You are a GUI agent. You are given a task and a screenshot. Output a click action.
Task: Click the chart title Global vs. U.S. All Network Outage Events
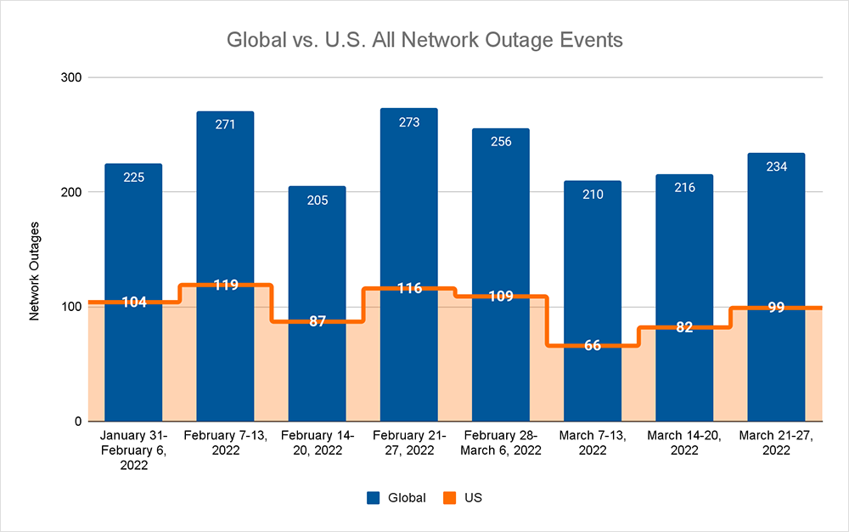(424, 40)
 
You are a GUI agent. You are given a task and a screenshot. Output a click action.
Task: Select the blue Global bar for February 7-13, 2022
(225, 212)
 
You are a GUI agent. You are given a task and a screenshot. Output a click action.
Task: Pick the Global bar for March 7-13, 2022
(593, 255)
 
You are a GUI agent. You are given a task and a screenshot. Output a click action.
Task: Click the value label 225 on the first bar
(133, 178)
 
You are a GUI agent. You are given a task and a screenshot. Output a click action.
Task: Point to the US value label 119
(225, 286)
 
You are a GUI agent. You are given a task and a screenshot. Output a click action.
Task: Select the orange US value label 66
(593, 346)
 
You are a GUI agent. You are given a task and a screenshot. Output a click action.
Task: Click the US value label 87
(317, 322)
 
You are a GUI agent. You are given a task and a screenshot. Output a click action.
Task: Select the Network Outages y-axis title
(36, 273)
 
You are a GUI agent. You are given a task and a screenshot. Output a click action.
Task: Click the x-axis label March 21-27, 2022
(776, 443)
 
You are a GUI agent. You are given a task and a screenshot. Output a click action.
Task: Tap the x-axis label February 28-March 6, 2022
(501, 443)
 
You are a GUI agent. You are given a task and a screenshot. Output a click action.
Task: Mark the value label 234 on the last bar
(776, 167)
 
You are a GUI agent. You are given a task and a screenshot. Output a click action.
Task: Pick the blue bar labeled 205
(317, 255)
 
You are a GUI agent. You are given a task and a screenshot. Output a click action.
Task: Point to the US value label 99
(776, 308)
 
